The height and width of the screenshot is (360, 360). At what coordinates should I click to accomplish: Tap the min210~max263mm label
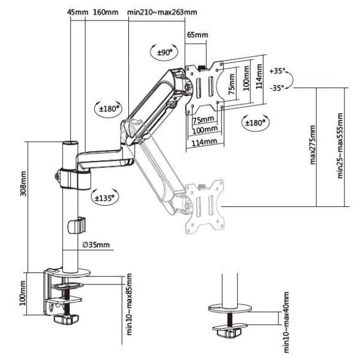(162, 12)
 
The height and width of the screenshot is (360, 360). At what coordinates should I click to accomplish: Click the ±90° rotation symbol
(164, 53)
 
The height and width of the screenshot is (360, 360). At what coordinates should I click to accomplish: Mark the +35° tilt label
(279, 71)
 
